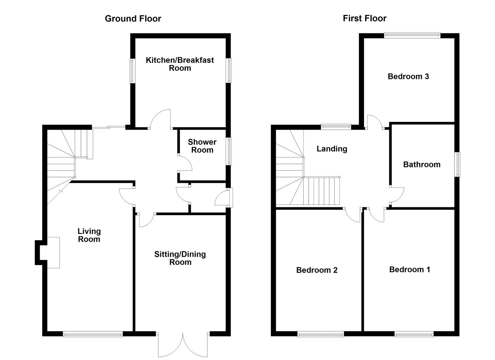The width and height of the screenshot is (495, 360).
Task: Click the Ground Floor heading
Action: click(x=133, y=19)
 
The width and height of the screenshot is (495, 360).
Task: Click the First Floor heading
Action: click(x=364, y=18)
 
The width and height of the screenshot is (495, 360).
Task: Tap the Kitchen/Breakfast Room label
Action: click(x=180, y=64)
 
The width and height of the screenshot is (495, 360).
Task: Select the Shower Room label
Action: click(x=202, y=146)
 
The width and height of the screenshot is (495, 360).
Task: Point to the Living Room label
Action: click(x=89, y=235)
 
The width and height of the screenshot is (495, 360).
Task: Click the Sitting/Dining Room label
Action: click(x=180, y=258)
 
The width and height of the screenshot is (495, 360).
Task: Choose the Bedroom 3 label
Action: click(x=408, y=76)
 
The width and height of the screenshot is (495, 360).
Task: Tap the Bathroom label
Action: click(x=422, y=164)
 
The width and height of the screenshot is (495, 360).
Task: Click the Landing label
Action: click(x=332, y=149)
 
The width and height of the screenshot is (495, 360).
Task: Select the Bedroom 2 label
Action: click(x=317, y=270)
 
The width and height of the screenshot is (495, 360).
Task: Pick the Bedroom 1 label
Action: click(x=409, y=269)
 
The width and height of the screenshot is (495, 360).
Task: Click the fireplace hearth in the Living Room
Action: click(x=53, y=252)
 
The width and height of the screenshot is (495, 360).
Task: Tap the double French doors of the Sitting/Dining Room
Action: click(x=183, y=345)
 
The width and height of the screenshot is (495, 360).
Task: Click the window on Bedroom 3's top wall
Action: click(x=412, y=35)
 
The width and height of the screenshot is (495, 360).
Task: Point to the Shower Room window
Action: click(x=229, y=151)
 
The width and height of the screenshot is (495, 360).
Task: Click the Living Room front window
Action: click(x=93, y=334)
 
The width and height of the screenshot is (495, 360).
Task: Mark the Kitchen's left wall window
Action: click(x=132, y=71)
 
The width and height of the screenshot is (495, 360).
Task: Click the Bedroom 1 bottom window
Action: click(x=414, y=334)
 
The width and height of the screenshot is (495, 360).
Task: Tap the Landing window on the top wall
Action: click(x=336, y=126)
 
